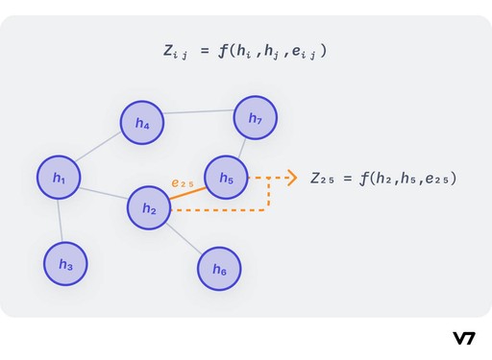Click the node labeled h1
coord(59,178)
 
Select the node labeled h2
coord(149,208)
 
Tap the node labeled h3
coord(65,264)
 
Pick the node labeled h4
coord(142,123)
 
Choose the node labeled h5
coord(227,178)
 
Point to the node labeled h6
coord(220,270)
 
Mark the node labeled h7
coord(256,118)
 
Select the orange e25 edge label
coord(183,181)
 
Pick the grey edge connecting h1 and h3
coord(61,221)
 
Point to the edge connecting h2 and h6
coord(184,239)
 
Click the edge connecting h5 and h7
coord(241,148)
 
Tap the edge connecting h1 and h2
coord(104,193)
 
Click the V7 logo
coord(464,338)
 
